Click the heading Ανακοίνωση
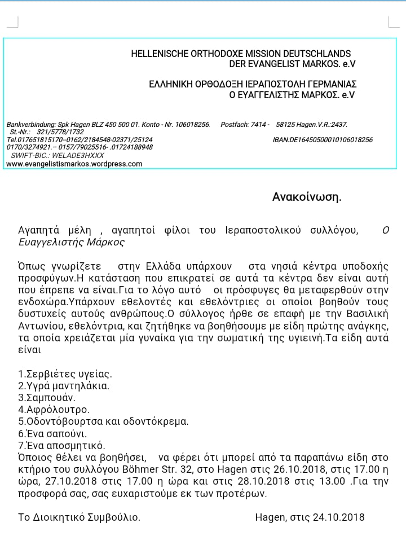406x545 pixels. pos(307,197)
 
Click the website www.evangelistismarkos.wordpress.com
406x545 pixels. pos(74,164)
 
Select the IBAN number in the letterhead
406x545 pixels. pos(322,139)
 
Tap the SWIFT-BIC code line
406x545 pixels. pos(55,155)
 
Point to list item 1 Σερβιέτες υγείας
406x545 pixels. pos(65,373)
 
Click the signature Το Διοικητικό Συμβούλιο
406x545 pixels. pos(80,517)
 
